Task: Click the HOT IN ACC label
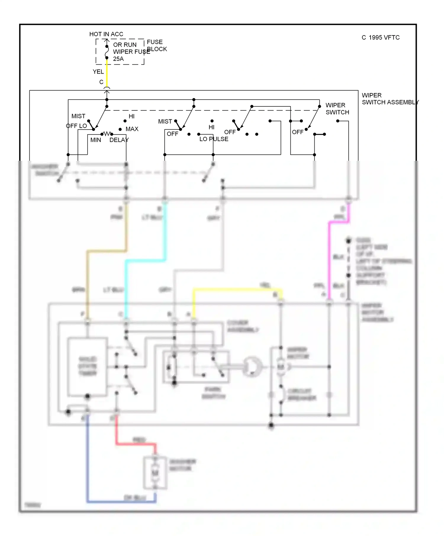click(106, 34)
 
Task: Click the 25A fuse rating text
click(118, 59)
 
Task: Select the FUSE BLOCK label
click(156, 46)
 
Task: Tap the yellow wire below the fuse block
click(107, 74)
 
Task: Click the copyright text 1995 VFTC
click(381, 38)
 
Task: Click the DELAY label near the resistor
click(119, 140)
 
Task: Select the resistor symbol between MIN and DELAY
click(107, 134)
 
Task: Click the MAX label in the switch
click(132, 129)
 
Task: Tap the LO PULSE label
click(214, 139)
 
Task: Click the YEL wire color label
click(98, 72)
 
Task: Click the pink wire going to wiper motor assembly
click(329, 260)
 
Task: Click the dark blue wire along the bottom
click(118, 502)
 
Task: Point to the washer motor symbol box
click(155, 473)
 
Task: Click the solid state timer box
click(87, 366)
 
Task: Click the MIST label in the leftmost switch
click(78, 116)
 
